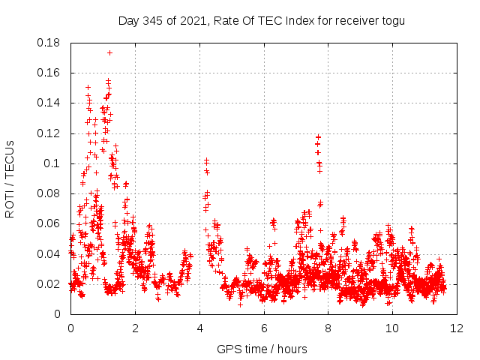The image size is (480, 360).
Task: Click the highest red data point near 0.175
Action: pyautogui.click(x=109, y=52)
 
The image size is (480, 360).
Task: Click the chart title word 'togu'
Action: pyautogui.click(x=392, y=20)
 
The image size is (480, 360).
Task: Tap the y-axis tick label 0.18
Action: pyautogui.click(x=51, y=43)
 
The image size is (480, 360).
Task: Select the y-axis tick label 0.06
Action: pyautogui.click(x=51, y=223)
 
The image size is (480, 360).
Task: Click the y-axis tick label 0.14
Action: pyautogui.click(x=51, y=103)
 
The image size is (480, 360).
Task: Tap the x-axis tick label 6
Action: pyautogui.click(x=264, y=328)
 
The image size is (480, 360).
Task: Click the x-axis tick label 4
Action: pyautogui.click(x=199, y=328)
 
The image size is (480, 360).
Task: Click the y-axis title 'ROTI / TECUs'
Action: pyautogui.click(x=10, y=178)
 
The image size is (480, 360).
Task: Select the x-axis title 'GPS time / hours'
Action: pyautogui.click(x=262, y=349)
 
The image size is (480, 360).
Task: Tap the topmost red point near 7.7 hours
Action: pyautogui.click(x=319, y=136)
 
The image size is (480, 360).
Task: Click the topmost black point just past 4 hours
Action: pyautogui.click(x=206, y=160)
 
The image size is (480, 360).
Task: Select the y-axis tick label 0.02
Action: pyautogui.click(x=51, y=283)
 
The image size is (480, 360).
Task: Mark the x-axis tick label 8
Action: pyautogui.click(x=328, y=328)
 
